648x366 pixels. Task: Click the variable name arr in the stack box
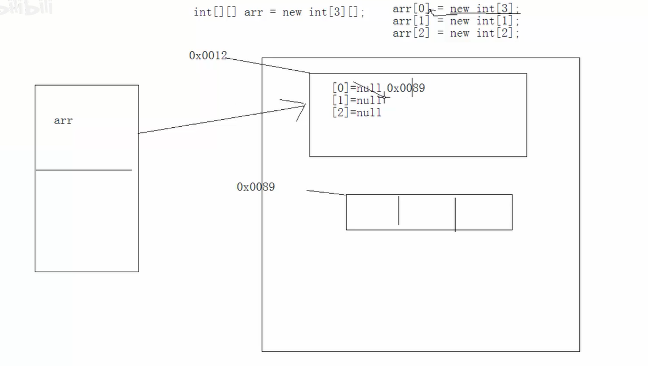[x=63, y=121]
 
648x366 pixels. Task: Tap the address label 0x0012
[x=208, y=55]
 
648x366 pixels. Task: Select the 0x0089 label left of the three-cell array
[x=256, y=187]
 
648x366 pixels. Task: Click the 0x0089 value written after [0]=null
[x=406, y=88]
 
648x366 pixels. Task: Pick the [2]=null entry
[x=357, y=112]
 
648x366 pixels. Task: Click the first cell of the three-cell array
[x=372, y=212]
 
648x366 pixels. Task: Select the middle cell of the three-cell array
[x=427, y=212]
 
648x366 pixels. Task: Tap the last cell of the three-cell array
[x=484, y=212]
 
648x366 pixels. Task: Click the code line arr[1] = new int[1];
[x=456, y=21]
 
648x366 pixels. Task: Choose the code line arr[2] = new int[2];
[x=456, y=33]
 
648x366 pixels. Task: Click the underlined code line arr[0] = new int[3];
[x=456, y=9]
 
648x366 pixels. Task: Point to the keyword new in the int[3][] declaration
[x=292, y=12]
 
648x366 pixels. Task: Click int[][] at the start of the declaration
[x=215, y=12]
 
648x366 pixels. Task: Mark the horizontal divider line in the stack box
[x=84, y=170]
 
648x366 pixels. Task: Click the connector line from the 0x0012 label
[x=268, y=65]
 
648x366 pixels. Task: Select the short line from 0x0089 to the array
[x=326, y=193]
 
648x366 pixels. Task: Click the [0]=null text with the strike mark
[x=357, y=88]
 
